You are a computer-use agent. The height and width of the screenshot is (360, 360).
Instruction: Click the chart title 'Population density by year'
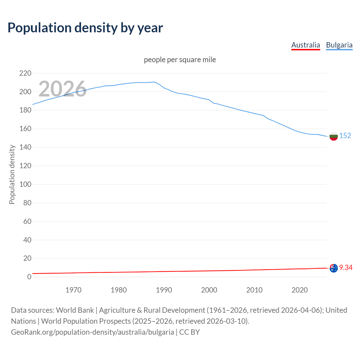(x=85, y=28)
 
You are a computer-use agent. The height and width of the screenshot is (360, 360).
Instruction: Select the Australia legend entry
(x=305, y=45)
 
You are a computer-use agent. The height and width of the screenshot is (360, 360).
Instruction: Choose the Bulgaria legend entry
(x=339, y=45)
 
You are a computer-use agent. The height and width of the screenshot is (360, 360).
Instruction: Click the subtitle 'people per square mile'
(x=180, y=60)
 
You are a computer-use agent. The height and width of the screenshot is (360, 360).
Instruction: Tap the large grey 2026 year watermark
(x=62, y=89)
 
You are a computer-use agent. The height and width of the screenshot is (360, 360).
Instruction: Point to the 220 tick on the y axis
(x=25, y=73)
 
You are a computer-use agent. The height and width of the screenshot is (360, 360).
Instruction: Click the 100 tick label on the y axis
(x=25, y=184)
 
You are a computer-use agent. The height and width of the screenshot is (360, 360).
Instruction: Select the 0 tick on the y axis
(x=29, y=277)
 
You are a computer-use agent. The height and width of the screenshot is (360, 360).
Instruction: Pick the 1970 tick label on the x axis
(x=73, y=290)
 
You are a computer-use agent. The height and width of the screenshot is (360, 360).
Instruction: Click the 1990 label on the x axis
(x=164, y=290)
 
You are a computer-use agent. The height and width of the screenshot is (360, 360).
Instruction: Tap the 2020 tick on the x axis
(x=300, y=290)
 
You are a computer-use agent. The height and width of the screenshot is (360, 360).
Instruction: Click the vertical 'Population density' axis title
(x=12, y=174)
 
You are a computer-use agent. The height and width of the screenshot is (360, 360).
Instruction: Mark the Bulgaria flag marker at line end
(x=333, y=136)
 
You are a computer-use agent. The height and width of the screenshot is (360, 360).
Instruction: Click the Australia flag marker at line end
(x=333, y=268)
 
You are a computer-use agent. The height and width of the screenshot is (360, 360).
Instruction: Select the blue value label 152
(x=345, y=136)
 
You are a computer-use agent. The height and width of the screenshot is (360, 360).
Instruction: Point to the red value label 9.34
(x=346, y=267)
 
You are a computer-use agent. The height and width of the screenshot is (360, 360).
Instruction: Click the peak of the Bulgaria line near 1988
(x=155, y=82)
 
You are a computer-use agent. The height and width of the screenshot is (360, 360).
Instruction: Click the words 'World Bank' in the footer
(x=75, y=310)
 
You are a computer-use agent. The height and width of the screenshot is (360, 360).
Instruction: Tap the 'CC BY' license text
(x=190, y=332)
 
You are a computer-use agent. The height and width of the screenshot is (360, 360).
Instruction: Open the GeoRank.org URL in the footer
(x=92, y=332)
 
